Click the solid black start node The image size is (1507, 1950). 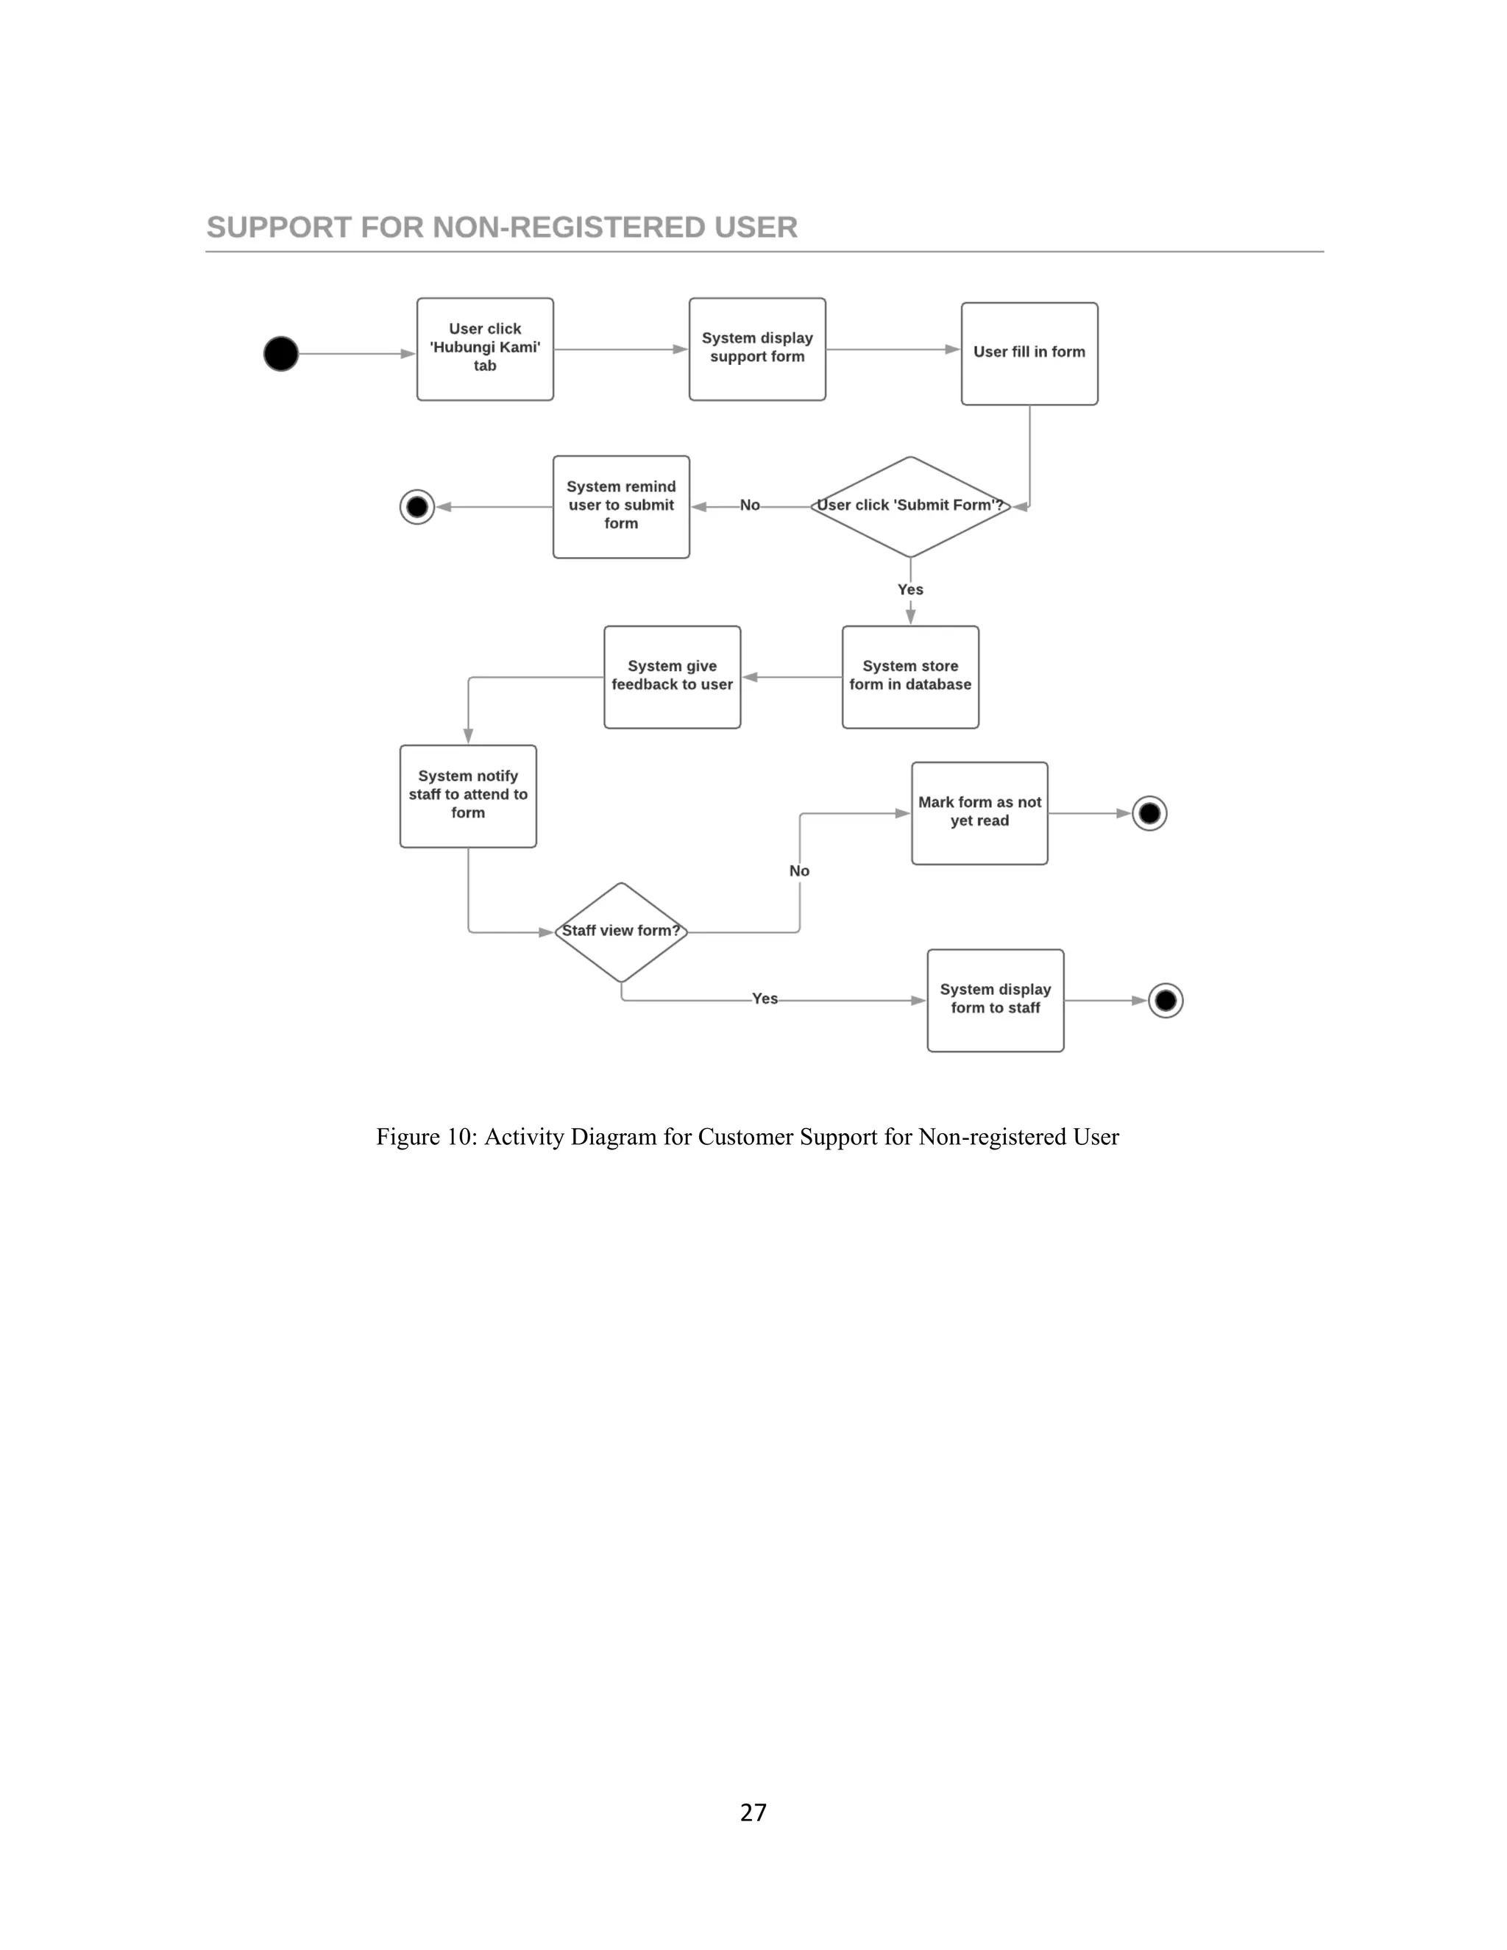[280, 353]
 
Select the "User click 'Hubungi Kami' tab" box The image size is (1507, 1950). [485, 349]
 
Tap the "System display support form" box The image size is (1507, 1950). [757, 349]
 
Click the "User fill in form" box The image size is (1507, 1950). [1029, 353]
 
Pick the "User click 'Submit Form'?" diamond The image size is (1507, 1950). [909, 506]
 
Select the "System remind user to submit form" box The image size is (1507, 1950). [620, 506]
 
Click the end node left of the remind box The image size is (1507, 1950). [417, 507]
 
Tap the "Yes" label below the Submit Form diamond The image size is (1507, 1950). [909, 589]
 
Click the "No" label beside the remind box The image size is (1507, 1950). [750, 506]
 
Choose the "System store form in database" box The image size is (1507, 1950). [909, 677]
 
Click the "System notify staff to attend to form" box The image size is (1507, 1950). [468, 795]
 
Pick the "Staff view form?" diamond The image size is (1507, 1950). [620, 932]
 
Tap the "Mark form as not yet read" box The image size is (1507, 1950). [979, 812]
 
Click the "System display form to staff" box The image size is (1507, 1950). [996, 1000]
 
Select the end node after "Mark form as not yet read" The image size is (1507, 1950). [1149, 813]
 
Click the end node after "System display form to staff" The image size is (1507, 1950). [1165, 1001]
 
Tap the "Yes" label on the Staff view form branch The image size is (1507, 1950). [765, 999]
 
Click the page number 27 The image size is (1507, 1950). [753, 1812]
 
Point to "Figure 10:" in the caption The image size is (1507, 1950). [426, 1137]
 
